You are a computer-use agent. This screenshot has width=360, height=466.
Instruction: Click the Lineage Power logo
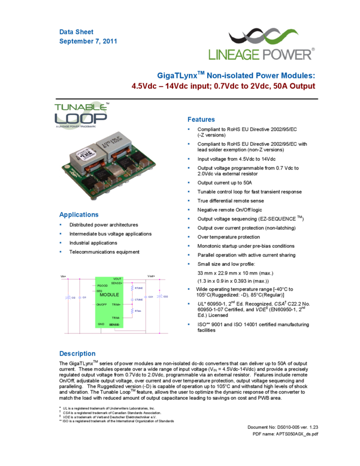[x=261, y=43]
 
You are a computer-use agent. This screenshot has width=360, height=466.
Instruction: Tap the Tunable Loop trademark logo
[x=81, y=115]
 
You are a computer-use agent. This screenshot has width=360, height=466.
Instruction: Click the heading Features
[x=201, y=120]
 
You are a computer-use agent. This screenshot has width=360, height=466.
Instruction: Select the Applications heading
[x=78, y=215]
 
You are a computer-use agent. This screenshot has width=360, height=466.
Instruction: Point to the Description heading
[x=77, y=354]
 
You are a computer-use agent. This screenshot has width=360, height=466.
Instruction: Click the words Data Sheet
[x=76, y=32]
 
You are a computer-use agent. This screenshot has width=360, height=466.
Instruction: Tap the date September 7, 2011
[x=88, y=41]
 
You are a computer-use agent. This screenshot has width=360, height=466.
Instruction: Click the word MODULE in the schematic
[x=109, y=295]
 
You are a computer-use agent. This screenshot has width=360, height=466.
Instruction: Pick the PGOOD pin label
[x=102, y=286]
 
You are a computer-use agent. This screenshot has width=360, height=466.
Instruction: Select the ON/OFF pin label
[x=102, y=304]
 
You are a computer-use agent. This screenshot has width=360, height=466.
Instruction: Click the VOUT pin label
[x=117, y=279]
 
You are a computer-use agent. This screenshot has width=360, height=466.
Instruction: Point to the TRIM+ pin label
[x=116, y=304]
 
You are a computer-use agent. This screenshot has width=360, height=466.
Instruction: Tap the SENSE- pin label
[x=115, y=325]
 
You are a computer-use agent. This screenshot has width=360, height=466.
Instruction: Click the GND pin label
[x=101, y=324]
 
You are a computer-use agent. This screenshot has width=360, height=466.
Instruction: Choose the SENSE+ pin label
[x=117, y=283]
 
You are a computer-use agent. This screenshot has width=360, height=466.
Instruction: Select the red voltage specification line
[x=223, y=86]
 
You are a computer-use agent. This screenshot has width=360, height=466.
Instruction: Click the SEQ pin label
[x=99, y=291]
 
